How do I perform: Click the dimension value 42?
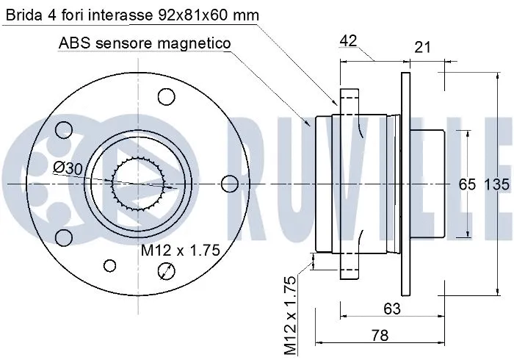[x=348, y=42]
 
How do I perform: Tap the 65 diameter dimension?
[x=468, y=184]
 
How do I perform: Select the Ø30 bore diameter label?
[x=68, y=168]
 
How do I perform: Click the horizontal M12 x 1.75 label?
[x=181, y=251]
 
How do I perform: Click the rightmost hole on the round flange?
[x=229, y=182]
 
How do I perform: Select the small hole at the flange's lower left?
[x=111, y=265]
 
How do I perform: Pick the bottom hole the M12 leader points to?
[x=167, y=272]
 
